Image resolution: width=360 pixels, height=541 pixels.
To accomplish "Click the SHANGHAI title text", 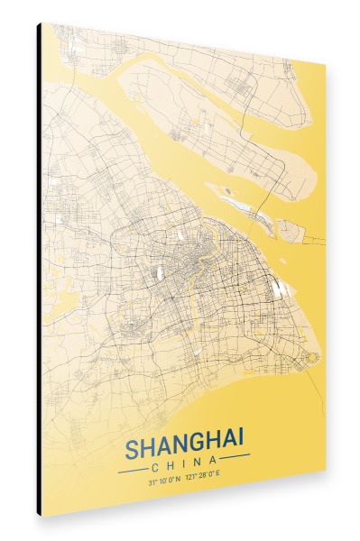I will coord(184,447).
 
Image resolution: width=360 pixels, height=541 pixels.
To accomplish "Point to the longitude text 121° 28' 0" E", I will coord(204,480).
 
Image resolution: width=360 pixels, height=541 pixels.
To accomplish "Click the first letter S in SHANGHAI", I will coord(132,450).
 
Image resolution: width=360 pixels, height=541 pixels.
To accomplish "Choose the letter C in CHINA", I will coord(156,467).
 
